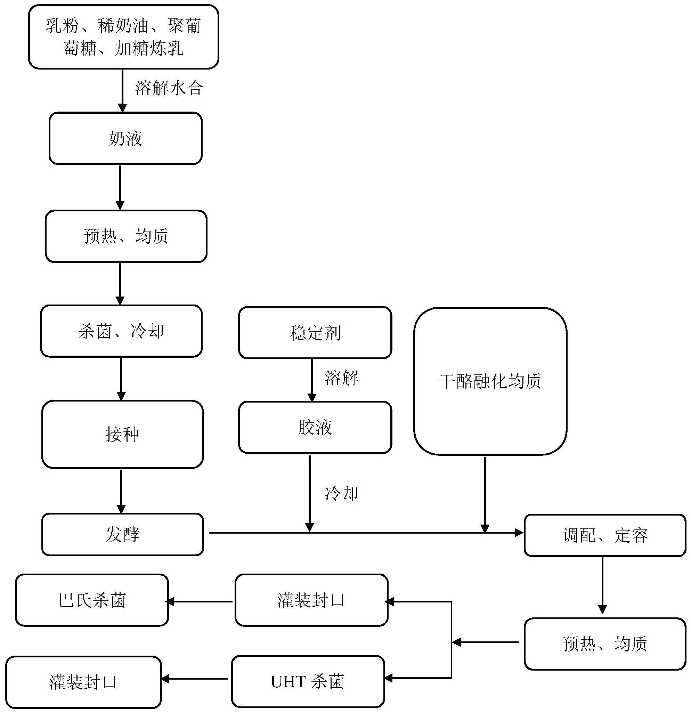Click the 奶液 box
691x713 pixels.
click(125, 138)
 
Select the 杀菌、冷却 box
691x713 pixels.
click(121, 331)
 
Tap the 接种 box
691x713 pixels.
click(123, 434)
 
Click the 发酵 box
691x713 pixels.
click(123, 534)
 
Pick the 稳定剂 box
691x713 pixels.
click(315, 332)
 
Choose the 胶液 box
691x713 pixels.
click(315, 428)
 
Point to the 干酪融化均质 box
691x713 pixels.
click(490, 381)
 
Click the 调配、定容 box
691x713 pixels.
click(605, 535)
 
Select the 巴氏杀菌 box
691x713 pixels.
click(92, 600)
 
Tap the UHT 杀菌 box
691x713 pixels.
click(308, 681)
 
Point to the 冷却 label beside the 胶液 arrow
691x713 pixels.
click(341, 494)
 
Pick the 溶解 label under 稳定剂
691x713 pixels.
click(341, 378)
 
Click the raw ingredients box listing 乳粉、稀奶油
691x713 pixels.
click(124, 37)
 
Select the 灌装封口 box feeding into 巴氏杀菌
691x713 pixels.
click(311, 600)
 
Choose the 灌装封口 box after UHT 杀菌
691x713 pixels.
click(83, 682)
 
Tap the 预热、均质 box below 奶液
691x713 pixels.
click(126, 236)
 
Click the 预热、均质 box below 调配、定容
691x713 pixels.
click(605, 643)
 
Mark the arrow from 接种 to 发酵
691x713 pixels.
click(121, 491)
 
